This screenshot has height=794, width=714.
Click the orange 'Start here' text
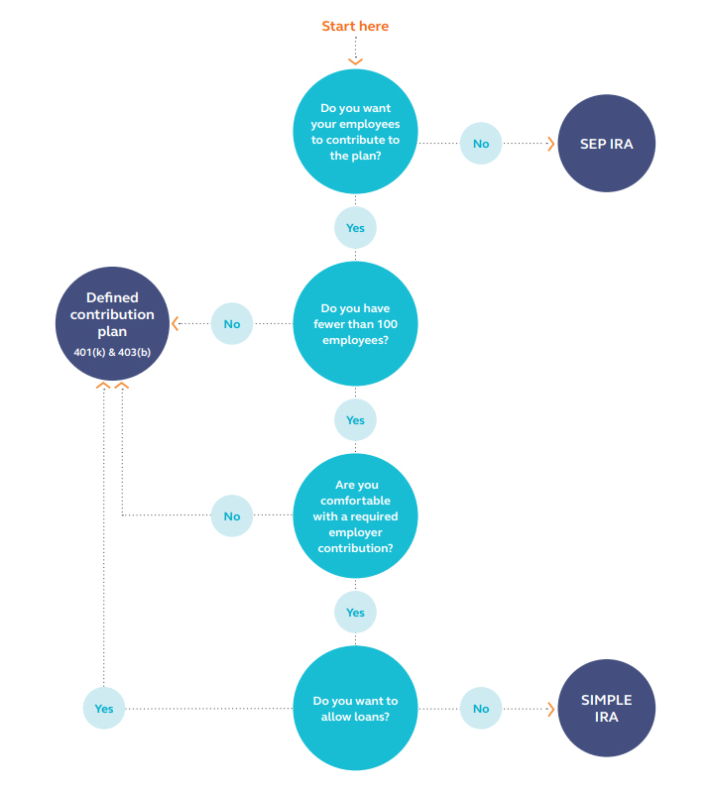[355, 26]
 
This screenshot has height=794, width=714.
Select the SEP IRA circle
[606, 144]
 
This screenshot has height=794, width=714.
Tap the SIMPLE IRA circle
[606, 708]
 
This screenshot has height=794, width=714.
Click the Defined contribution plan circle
[112, 323]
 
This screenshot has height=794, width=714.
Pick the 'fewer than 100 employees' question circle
[355, 323]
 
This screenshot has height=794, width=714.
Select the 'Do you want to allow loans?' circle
[355, 708]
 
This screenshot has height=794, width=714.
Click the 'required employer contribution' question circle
[355, 515]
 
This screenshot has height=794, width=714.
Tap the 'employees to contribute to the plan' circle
[355, 132]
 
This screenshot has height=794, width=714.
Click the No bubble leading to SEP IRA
[481, 144]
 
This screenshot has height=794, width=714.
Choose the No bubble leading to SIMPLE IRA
[481, 709]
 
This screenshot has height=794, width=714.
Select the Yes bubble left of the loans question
[104, 709]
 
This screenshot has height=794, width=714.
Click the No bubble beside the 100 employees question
[232, 323]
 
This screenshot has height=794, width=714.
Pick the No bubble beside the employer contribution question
[232, 515]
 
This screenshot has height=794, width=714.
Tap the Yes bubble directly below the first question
[355, 228]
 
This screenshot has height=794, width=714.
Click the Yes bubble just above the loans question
[355, 613]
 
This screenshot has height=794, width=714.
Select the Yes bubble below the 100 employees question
[355, 420]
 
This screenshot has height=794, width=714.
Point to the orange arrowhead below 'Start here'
[355, 61]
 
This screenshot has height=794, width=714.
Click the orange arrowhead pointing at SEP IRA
[551, 144]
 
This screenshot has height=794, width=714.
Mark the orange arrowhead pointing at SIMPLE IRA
[551, 709]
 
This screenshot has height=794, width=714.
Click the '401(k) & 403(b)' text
[112, 352]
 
